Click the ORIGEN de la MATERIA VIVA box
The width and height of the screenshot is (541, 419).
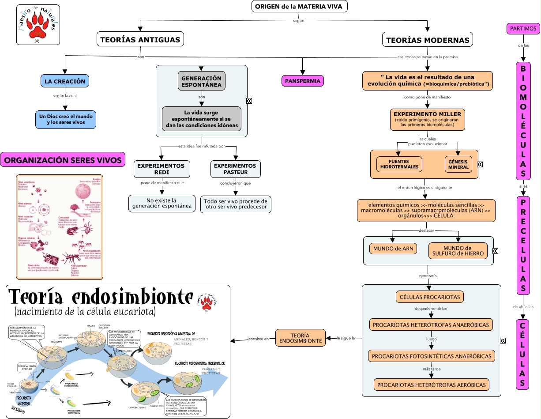[x=299, y=7]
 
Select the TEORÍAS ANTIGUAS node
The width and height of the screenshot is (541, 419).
[x=140, y=40]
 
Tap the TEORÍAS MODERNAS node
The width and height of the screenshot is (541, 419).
[x=427, y=40]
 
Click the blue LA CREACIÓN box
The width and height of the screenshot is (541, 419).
[x=65, y=81]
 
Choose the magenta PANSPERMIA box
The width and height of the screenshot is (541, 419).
[x=303, y=81]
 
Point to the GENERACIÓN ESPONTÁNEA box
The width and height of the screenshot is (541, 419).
[x=201, y=81]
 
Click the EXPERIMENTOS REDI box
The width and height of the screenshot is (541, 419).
[x=162, y=169]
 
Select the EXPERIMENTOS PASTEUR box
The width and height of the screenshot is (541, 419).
[x=236, y=169]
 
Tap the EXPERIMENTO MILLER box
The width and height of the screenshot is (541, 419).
[x=427, y=119]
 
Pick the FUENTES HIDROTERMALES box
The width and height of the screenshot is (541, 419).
[x=399, y=164]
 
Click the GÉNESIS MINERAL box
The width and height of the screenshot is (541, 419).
[x=458, y=164]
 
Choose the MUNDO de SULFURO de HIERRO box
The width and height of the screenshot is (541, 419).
[x=458, y=251]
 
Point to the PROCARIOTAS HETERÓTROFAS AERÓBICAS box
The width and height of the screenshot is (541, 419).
[x=432, y=385]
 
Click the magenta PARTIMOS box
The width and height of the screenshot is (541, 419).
[x=523, y=29]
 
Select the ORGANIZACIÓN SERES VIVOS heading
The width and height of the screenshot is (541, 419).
[x=63, y=160]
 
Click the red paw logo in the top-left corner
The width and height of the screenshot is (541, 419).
[x=38, y=26]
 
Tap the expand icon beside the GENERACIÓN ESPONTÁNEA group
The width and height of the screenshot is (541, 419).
[x=249, y=101]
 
